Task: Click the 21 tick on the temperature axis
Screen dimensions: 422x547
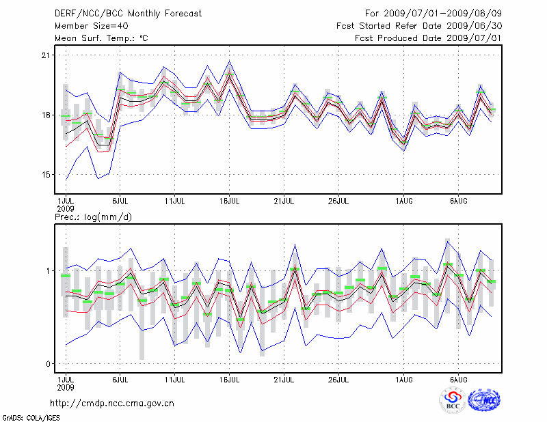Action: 45,55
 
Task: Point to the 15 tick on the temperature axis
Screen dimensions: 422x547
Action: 45,174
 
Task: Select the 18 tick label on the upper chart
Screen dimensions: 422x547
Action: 45,115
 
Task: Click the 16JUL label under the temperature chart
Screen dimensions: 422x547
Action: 230,201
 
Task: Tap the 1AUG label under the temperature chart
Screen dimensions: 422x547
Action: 405,201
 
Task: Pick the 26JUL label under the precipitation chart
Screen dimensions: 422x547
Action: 339,378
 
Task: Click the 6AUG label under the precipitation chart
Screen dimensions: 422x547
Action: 459,378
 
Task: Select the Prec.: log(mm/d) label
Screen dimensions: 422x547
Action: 93,217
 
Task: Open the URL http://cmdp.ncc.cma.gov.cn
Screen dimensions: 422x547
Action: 113,403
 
